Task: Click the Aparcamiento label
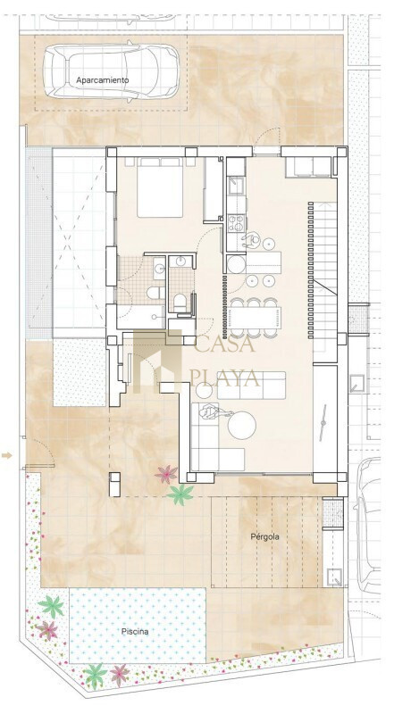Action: (103, 80)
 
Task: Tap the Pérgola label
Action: (264, 536)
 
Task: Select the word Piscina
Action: (135, 631)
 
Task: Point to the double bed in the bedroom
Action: (160, 187)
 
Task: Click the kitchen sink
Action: (236, 186)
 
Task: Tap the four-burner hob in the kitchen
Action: (237, 223)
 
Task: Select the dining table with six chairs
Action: (255, 317)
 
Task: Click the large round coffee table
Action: (242, 425)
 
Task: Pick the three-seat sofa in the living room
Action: (251, 385)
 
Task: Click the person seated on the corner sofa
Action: (211, 411)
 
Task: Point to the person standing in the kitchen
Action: (252, 239)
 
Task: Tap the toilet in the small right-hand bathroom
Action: (180, 302)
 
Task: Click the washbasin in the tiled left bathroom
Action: (159, 267)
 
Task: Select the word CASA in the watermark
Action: (225, 344)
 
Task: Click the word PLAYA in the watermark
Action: (225, 378)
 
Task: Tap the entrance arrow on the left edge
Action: (6, 455)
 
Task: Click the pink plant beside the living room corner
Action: (166, 474)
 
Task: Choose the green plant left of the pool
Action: (51, 606)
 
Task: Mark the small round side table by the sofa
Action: (204, 391)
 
